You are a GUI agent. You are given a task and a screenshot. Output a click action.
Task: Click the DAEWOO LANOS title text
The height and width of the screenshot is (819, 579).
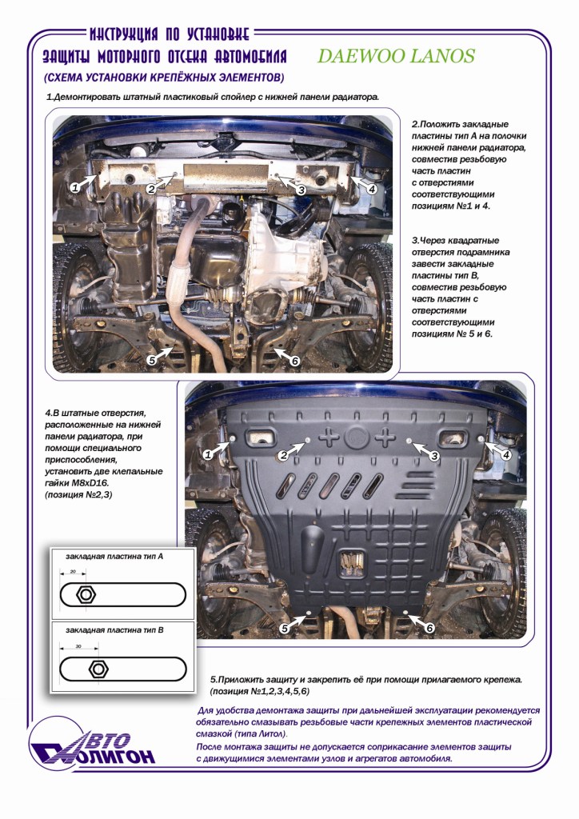[397, 56]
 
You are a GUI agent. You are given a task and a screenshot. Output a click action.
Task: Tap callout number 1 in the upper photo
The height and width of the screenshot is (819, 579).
[74, 187]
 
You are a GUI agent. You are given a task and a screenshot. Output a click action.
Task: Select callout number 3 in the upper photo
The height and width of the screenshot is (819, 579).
[301, 190]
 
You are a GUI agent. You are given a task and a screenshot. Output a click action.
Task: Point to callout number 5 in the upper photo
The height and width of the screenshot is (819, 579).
[151, 361]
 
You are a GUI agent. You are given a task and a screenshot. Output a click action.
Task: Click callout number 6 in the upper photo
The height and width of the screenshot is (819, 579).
[294, 361]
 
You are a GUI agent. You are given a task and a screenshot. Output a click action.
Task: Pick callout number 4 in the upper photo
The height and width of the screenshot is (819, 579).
[371, 189]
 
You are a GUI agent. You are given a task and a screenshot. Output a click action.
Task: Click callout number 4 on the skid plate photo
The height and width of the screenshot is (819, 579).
[505, 454]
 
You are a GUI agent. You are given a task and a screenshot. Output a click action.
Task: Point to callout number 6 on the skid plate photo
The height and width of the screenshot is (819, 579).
[429, 628]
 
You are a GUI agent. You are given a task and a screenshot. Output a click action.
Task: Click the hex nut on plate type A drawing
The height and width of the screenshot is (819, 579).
[84, 596]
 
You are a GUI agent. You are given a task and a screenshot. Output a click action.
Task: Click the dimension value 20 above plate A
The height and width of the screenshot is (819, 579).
[72, 572]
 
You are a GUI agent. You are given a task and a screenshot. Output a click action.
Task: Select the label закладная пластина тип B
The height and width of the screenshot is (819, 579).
[115, 630]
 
